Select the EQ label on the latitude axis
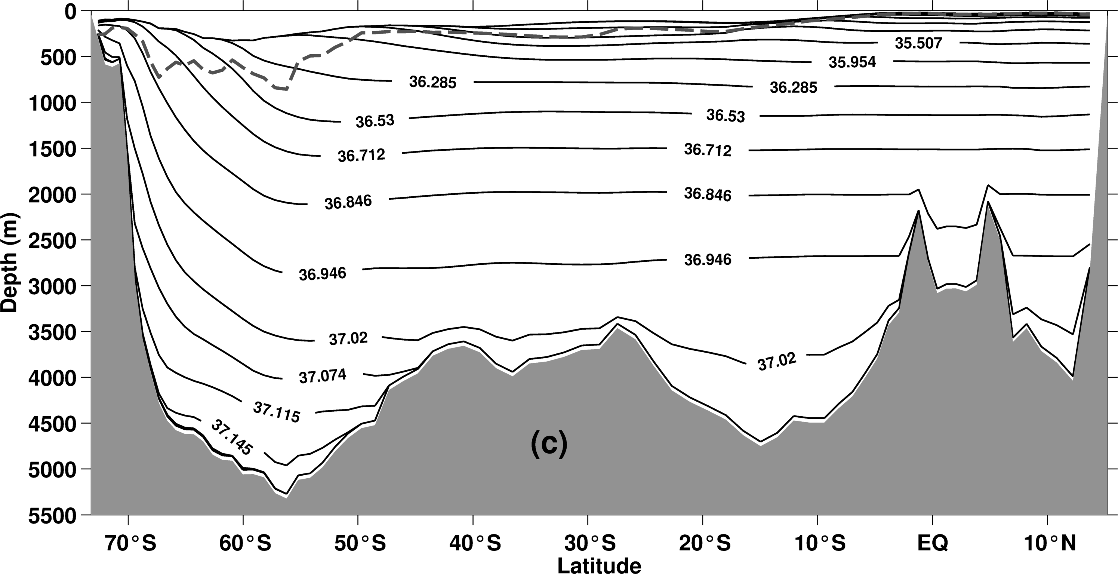click(x=933, y=543)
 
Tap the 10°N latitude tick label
click(x=1048, y=543)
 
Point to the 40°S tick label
click(x=475, y=543)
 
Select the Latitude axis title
click(x=599, y=565)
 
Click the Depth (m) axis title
click(x=10, y=262)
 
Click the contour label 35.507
click(x=918, y=43)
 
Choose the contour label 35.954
click(x=852, y=62)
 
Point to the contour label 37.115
click(x=277, y=412)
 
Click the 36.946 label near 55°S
click(x=323, y=274)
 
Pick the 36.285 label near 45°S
click(x=433, y=82)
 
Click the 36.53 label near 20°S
click(x=725, y=116)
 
